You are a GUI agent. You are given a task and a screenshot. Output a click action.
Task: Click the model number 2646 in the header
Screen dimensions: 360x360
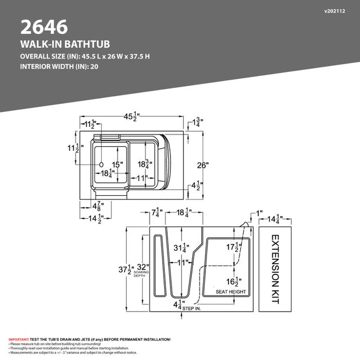44,26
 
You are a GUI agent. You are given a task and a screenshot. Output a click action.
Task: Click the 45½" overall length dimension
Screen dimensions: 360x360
132,116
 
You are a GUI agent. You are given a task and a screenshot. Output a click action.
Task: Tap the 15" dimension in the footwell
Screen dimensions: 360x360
116,165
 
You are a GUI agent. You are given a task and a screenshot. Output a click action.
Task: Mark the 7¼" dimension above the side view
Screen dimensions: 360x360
157,213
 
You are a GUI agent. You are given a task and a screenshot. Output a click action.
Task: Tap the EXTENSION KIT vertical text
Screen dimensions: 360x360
275,269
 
